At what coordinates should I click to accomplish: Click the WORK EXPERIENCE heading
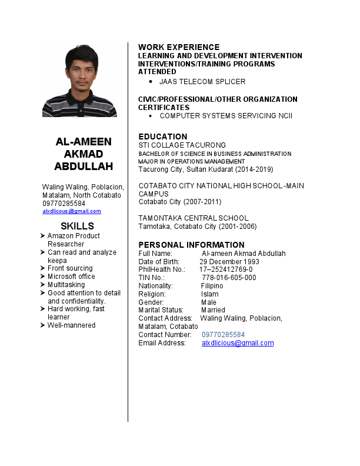coord(179,47)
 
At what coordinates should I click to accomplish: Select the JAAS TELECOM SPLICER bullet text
coord(202,82)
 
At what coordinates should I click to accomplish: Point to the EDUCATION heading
coord(162,137)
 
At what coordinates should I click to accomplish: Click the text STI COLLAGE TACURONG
coord(182,145)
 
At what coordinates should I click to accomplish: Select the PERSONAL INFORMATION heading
coord(191,245)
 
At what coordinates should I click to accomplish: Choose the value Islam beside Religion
coord(209,294)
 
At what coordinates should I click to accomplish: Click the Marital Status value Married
coord(213,310)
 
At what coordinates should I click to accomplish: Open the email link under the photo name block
coord(72,211)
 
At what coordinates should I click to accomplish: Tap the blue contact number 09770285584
coord(223,335)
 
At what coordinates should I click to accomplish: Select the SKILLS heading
coord(77,227)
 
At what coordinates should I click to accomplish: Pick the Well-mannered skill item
coord(71,325)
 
